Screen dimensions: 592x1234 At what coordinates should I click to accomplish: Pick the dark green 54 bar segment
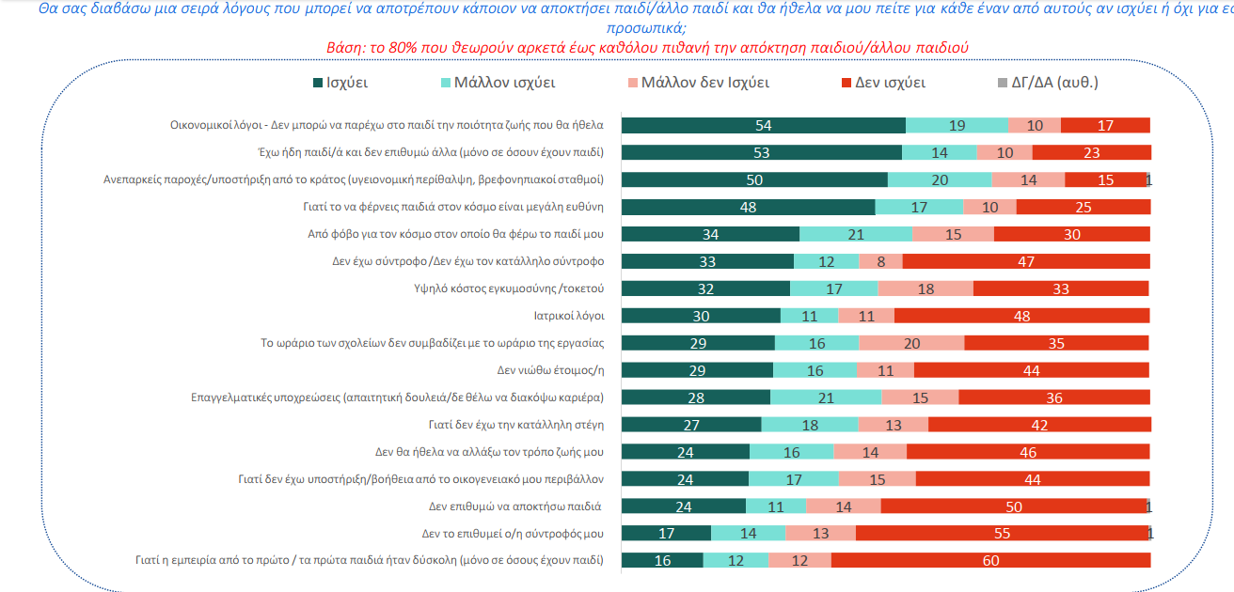(x=764, y=126)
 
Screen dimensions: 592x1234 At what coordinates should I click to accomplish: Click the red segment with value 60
(x=990, y=561)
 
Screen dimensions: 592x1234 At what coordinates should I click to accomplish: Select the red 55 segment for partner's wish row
(x=1002, y=534)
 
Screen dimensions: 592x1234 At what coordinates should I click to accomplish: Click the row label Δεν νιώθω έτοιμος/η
(x=550, y=370)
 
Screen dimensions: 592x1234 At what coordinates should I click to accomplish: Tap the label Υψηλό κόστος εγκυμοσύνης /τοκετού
(x=503, y=288)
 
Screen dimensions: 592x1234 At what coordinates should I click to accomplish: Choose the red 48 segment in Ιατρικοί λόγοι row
(x=1021, y=316)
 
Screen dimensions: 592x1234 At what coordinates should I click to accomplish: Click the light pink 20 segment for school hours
(x=911, y=343)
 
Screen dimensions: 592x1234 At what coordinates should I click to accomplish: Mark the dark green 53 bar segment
(x=762, y=153)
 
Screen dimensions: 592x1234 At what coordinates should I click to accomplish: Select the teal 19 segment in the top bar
(x=957, y=126)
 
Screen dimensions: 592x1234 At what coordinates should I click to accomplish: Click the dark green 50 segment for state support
(x=755, y=180)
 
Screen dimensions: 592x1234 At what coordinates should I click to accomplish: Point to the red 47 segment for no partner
(x=1026, y=261)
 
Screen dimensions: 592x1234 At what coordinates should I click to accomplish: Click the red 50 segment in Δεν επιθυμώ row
(x=1014, y=506)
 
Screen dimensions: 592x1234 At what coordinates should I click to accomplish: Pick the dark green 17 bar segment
(x=667, y=534)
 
